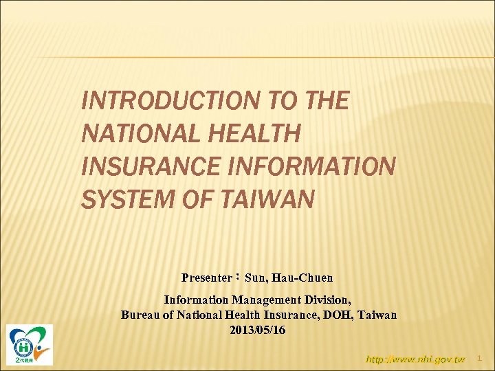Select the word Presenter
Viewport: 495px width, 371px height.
click(x=206, y=278)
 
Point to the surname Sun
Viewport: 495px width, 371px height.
click(x=256, y=278)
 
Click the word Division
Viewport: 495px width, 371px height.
click(x=328, y=300)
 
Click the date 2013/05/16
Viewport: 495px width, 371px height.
click(x=258, y=330)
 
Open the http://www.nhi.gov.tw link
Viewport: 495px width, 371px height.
click(x=415, y=359)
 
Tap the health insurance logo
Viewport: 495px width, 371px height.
click(x=30, y=344)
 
